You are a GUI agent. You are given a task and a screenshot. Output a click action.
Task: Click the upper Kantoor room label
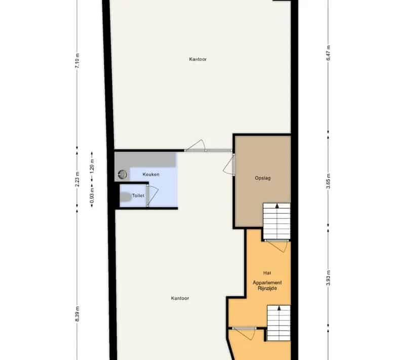pos(198,59)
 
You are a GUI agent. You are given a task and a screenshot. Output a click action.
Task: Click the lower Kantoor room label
pos(180,298)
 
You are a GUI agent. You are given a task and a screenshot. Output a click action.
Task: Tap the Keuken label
pos(151,175)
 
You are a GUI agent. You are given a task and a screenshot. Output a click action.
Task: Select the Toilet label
pos(138,196)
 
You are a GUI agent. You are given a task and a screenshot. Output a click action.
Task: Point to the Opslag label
pos(263,178)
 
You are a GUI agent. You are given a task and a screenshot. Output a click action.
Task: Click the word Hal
pos(267,273)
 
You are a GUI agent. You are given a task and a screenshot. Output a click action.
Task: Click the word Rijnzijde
pos(267,289)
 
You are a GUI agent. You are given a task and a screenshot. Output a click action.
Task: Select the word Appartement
pos(267,283)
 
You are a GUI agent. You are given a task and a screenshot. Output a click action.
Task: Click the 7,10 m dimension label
pos(77,61)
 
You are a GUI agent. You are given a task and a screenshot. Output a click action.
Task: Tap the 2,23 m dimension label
pos(77,179)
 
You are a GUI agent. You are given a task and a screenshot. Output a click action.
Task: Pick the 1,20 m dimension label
pos(92,166)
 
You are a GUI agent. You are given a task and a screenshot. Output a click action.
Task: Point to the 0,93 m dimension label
pos(92,195)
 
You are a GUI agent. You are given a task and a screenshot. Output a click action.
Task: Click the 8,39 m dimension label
pos(77,314)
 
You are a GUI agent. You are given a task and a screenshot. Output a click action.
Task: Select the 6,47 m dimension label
pos(328,53)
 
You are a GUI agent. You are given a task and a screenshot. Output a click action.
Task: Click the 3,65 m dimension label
pos(328,181)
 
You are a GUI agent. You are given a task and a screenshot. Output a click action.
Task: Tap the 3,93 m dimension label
pos(328,278)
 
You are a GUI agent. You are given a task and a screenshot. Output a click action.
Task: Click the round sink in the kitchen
pos(123,175)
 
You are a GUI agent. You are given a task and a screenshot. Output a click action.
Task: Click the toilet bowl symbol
pos(126,197)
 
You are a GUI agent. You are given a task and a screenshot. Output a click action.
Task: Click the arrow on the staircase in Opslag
pos(277,206)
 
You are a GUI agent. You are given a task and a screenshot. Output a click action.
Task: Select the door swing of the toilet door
pos(153,195)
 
